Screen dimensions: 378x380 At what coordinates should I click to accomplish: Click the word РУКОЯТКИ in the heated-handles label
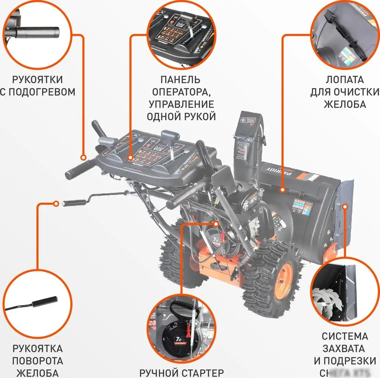pyautogui.click(x=37, y=80)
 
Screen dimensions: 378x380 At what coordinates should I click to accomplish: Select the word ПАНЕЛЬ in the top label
pyautogui.click(x=180, y=80)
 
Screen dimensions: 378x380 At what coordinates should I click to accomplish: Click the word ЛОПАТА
pyautogui.click(x=344, y=80)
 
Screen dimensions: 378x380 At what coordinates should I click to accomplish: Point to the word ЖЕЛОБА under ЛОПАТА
pyautogui.click(x=345, y=104)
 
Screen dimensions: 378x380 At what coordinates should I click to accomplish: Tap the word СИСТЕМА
pyautogui.click(x=345, y=336)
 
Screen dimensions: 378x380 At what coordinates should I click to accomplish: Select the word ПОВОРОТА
pyautogui.click(x=38, y=361)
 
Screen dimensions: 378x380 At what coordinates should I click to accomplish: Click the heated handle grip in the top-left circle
pyautogui.click(x=38, y=33)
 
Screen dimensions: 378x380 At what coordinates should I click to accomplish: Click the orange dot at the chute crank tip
pyautogui.click(x=56, y=203)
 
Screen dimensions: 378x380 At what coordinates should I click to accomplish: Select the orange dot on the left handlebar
pyautogui.click(x=83, y=158)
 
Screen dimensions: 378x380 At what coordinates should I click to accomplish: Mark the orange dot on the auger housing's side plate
pyautogui.click(x=345, y=206)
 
